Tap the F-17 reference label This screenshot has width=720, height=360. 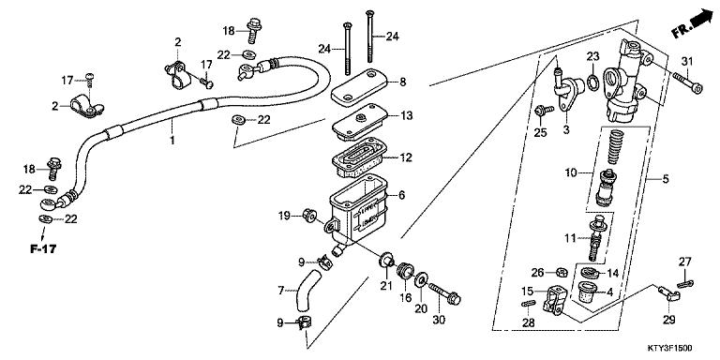click(x=43, y=249)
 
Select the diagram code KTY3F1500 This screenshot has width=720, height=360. click(x=670, y=349)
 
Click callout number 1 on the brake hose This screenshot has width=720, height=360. click(x=172, y=140)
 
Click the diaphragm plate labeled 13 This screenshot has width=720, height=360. click(x=360, y=122)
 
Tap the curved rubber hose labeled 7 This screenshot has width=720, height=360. click(x=307, y=291)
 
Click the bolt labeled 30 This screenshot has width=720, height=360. click(x=445, y=294)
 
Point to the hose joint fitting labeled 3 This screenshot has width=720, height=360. click(x=567, y=90)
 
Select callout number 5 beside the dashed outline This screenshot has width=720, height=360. click(x=666, y=179)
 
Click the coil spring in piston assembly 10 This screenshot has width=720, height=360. click(x=617, y=147)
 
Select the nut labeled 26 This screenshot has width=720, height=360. click(x=561, y=273)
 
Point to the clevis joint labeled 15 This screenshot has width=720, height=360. click(x=554, y=300)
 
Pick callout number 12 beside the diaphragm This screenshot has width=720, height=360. click(x=405, y=157)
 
